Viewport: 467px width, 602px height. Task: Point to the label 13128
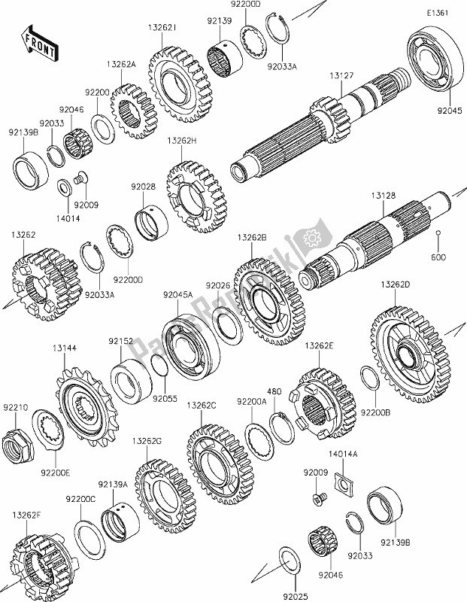pos(382,195)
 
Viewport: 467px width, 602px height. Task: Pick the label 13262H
pos(183,140)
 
